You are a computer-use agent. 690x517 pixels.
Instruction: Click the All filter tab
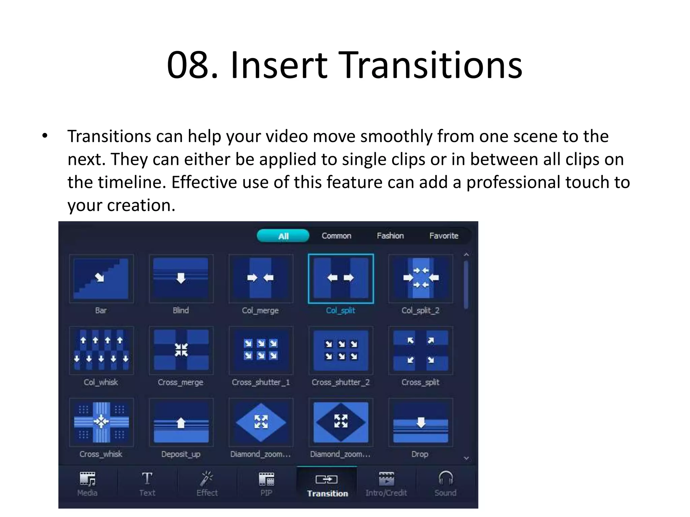283,236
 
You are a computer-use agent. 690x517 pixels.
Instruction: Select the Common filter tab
336,236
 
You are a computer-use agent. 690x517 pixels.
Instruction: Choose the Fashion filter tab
390,236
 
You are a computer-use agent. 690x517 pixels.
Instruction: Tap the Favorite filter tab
444,236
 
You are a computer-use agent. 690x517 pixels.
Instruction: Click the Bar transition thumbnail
101,279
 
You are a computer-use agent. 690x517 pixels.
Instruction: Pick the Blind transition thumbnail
181,279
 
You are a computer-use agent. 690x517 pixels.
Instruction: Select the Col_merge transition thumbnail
260,279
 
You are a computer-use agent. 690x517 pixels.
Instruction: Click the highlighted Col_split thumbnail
341,279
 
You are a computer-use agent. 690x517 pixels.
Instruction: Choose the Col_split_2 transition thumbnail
420,279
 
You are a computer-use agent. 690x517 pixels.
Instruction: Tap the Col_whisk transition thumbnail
101,350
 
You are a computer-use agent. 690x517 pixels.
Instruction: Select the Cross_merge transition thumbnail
181,350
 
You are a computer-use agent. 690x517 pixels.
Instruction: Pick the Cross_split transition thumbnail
420,350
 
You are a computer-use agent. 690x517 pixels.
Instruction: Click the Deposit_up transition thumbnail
181,422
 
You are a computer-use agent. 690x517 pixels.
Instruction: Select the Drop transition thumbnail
420,422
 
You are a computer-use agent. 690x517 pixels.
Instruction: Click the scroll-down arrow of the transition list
466,458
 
